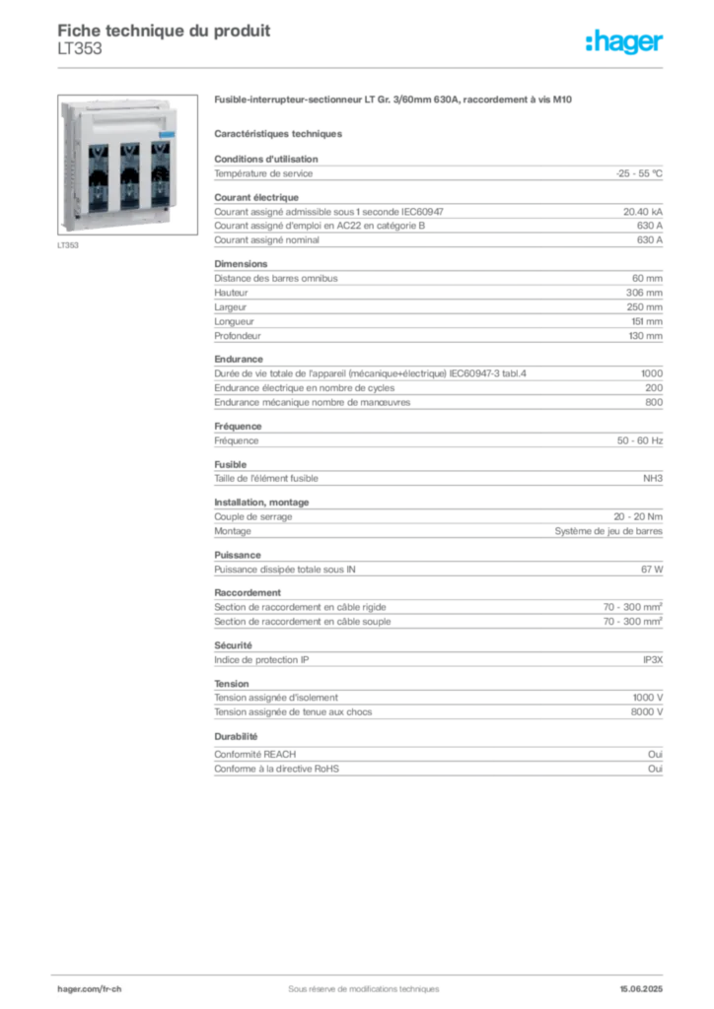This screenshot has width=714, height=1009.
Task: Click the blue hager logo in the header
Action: point(626,42)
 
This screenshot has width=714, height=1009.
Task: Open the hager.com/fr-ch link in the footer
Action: point(88,987)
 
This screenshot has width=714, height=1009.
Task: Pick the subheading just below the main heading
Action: point(280,131)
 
